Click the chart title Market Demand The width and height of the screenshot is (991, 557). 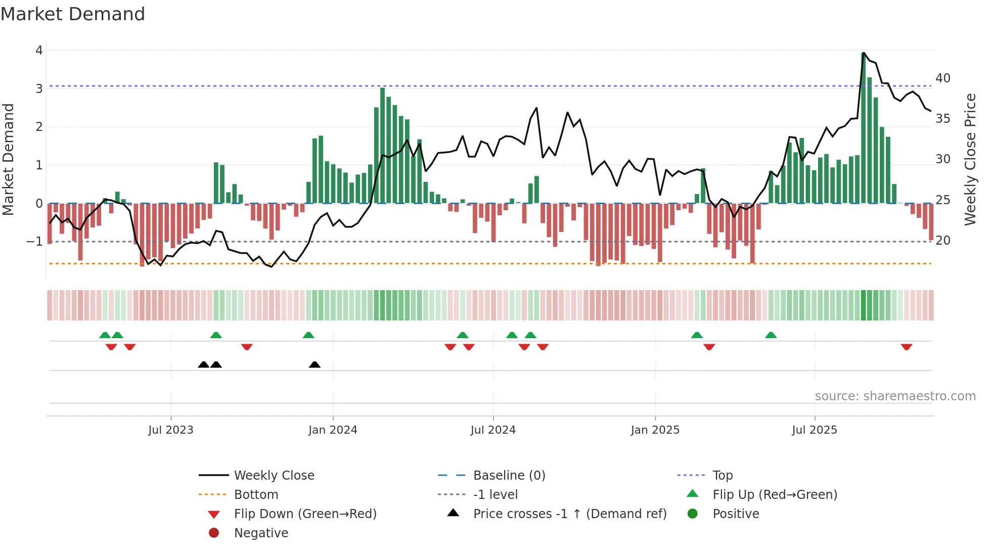tap(73, 14)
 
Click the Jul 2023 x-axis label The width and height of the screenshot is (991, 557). tap(170, 430)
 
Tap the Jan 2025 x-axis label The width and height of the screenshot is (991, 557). tap(655, 430)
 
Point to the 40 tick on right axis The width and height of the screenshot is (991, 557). tap(942, 78)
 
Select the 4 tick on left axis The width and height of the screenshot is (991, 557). tap(39, 51)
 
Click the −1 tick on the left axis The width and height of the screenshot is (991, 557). tap(34, 242)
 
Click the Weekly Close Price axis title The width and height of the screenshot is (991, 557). tap(970, 159)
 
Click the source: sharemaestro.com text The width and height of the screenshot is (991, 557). tap(895, 396)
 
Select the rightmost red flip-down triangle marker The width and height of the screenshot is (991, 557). tap(906, 347)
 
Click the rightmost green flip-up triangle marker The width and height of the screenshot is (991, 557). tap(771, 335)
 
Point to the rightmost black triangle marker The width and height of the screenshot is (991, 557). tap(314, 365)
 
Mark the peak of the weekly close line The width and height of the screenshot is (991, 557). tap(864, 53)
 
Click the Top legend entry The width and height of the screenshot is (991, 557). tap(722, 476)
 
